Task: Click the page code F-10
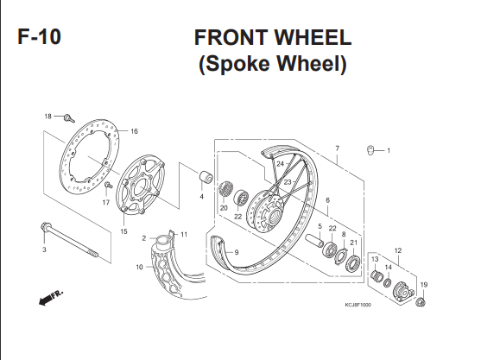pos(39,37)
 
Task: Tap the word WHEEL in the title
pos(313,37)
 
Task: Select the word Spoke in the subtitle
pos(241,64)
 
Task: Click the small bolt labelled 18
pos(69,118)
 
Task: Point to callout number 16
pos(134,131)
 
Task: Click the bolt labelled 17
pos(108,185)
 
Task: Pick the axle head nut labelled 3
pos(45,227)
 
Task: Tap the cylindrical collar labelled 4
pos(206,177)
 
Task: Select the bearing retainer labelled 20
pos(225,190)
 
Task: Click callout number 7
pos(337,148)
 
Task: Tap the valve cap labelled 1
pos(370,150)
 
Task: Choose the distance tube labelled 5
pos(314,240)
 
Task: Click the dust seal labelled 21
pos(354,263)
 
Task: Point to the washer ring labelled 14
pos(388,282)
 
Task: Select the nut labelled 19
pos(421,302)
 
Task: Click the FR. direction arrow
pos(51,297)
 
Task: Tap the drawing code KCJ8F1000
pos(358,305)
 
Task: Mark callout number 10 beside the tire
pos(139,267)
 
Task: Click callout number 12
pos(398,250)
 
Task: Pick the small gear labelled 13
pos(377,276)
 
